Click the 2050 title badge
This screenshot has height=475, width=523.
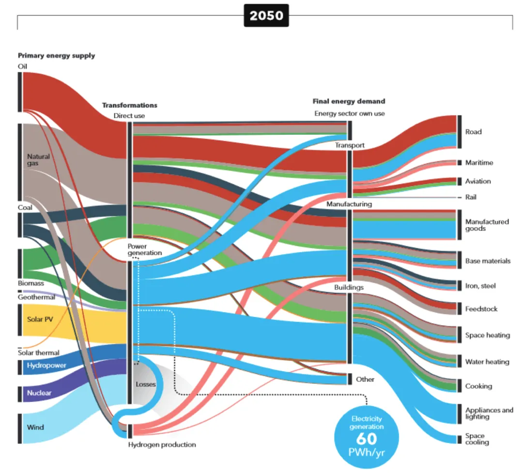point(266,16)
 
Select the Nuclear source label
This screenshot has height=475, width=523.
point(39,393)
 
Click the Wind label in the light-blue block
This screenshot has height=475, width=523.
point(35,427)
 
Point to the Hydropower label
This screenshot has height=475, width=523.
point(46,365)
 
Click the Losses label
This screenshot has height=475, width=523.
point(146,384)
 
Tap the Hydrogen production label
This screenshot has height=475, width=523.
point(162,444)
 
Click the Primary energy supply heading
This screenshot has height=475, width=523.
point(56,56)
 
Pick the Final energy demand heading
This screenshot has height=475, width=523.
point(349,101)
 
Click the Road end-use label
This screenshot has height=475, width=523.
point(473,132)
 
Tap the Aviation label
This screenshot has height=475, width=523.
point(477,181)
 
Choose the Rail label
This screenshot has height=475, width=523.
point(471,197)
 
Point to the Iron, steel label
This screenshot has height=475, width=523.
point(480,286)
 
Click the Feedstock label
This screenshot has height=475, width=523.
point(481,309)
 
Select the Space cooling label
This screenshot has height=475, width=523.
point(477,439)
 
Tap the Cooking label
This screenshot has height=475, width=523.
point(478,386)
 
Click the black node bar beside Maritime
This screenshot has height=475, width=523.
point(459,162)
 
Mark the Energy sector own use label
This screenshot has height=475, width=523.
point(350,114)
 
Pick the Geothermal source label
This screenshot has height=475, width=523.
point(36,297)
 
